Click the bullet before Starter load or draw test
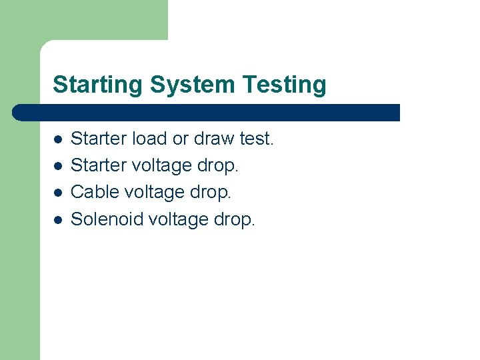(58, 139)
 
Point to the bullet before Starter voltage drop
(58, 166)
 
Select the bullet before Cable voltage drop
(58, 193)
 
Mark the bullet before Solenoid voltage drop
(58, 219)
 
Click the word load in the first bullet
(150, 139)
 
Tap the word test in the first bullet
(257, 139)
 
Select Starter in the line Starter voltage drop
(99, 165)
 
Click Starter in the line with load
(99, 139)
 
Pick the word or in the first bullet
(180, 139)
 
